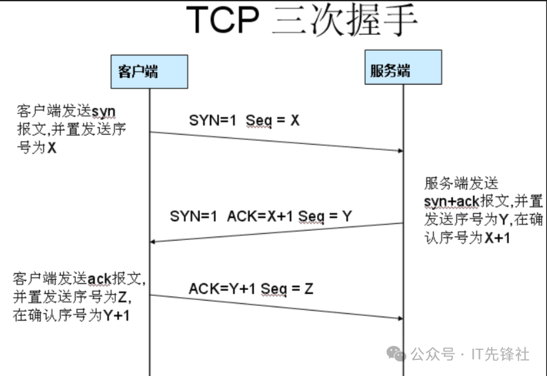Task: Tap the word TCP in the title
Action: [223, 21]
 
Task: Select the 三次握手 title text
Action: [344, 21]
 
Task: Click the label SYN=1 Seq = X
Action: [244, 121]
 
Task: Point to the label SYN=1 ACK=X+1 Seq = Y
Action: [261, 216]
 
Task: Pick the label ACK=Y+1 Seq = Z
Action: [251, 289]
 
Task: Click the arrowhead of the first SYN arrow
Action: [399, 151]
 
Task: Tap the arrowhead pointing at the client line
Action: [154, 241]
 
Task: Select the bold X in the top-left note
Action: [51, 149]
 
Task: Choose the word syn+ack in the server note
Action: [451, 201]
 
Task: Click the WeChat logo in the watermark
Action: [397, 353]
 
